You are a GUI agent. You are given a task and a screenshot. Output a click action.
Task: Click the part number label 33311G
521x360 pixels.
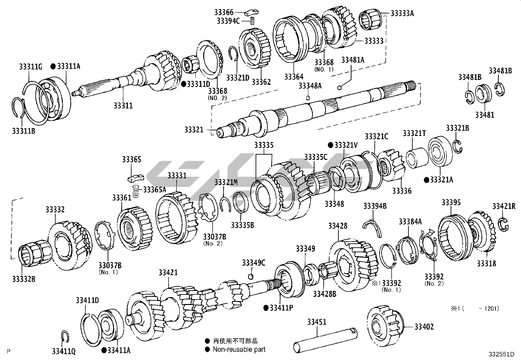pos(29,67)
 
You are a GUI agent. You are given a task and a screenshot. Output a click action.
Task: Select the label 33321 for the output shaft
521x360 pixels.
pos(194,130)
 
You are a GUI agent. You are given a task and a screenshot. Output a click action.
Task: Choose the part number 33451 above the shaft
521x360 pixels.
pos(316,322)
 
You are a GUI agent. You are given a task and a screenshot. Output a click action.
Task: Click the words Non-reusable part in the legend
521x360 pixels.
pos(239,350)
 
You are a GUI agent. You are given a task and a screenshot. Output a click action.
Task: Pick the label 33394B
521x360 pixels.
pos(375,206)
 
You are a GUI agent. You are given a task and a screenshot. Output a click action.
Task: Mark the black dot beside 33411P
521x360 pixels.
pos(266,308)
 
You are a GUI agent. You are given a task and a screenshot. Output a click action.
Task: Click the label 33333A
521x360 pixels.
pos(402,13)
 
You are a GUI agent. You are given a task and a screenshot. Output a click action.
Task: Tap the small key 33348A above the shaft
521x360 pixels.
pos(308,97)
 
